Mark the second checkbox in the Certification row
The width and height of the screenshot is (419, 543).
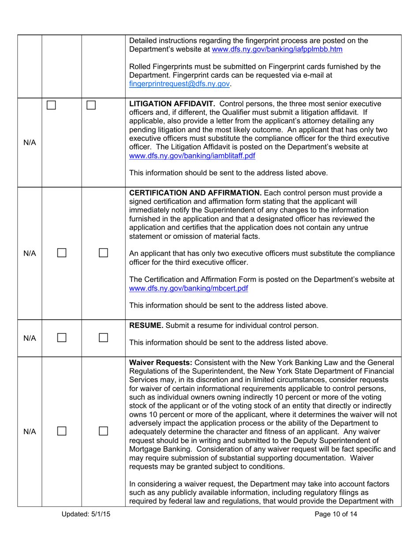(104, 253)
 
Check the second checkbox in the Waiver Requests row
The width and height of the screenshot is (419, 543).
(104, 430)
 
